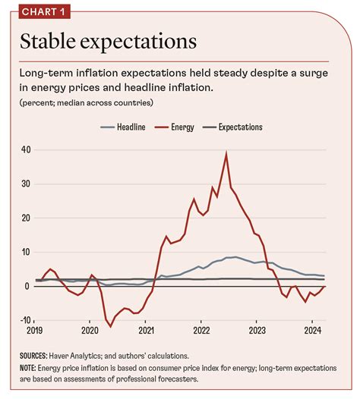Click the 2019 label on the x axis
pyautogui.click(x=35, y=331)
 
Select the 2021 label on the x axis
pyautogui.click(x=147, y=331)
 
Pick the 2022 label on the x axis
pyautogui.click(x=202, y=331)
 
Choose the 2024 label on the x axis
pyautogui.click(x=313, y=331)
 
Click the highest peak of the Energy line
pyautogui.click(x=226, y=153)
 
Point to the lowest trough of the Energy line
pyautogui.click(x=109, y=326)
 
